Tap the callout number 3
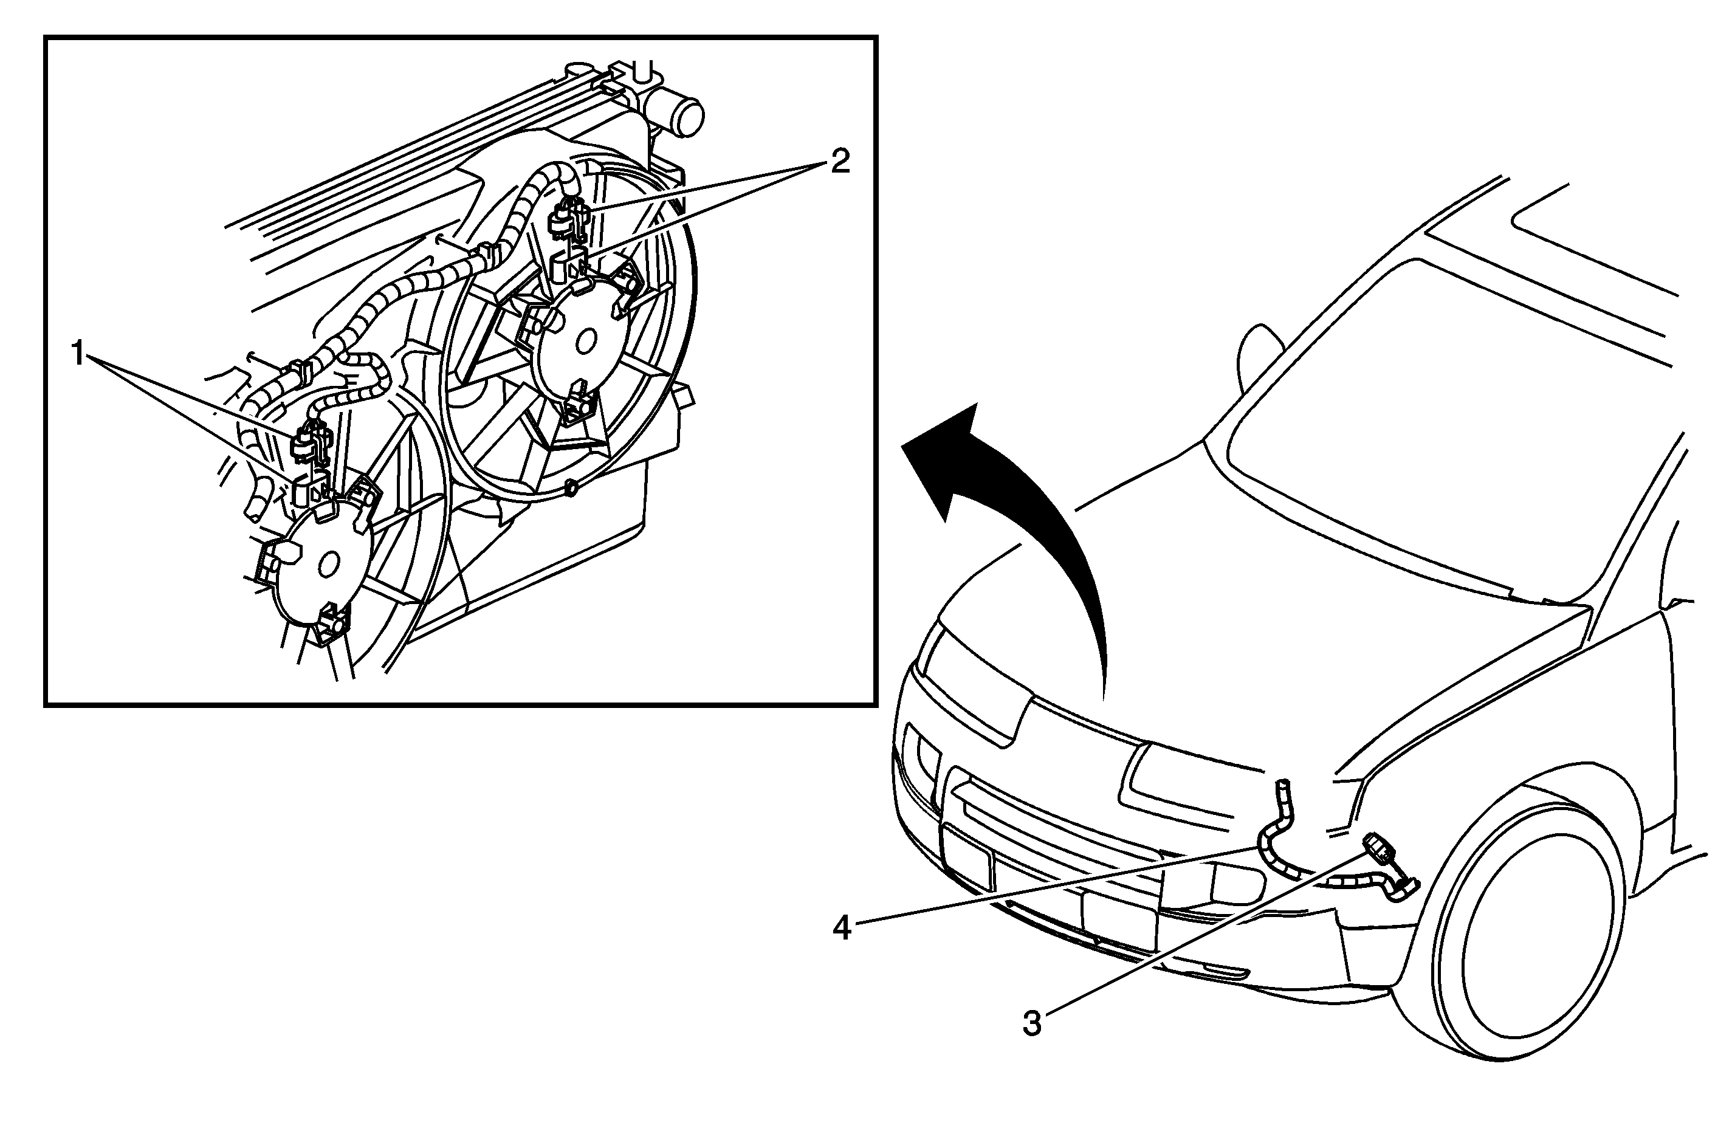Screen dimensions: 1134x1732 (1032, 1023)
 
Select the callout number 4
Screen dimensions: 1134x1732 (842, 928)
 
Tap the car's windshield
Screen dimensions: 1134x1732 (1448, 408)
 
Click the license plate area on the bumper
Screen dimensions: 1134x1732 (1117, 917)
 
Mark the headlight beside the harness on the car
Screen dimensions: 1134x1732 (1194, 779)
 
